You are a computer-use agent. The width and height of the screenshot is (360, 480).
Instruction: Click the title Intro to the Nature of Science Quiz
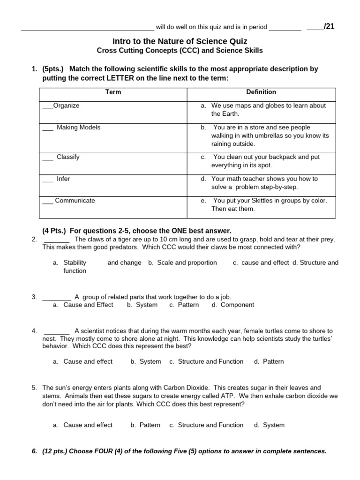click(180, 41)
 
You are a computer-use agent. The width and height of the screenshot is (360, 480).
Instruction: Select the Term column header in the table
click(113, 92)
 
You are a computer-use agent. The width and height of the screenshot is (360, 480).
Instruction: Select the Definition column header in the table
click(261, 92)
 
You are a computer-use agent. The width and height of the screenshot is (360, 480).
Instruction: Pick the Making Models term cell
click(78, 127)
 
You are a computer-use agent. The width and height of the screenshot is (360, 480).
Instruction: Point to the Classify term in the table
click(68, 157)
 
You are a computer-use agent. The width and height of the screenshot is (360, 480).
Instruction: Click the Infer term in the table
click(63, 179)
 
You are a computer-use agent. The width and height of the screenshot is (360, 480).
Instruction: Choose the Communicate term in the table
click(75, 200)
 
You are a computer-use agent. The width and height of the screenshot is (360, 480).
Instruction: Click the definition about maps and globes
click(268, 109)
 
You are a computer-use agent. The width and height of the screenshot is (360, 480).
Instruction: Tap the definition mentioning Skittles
click(270, 204)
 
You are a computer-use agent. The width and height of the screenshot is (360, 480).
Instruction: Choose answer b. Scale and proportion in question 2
click(182, 262)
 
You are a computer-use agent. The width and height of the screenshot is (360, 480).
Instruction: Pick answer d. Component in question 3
click(232, 305)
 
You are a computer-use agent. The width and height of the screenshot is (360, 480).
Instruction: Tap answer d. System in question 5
click(269, 425)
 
